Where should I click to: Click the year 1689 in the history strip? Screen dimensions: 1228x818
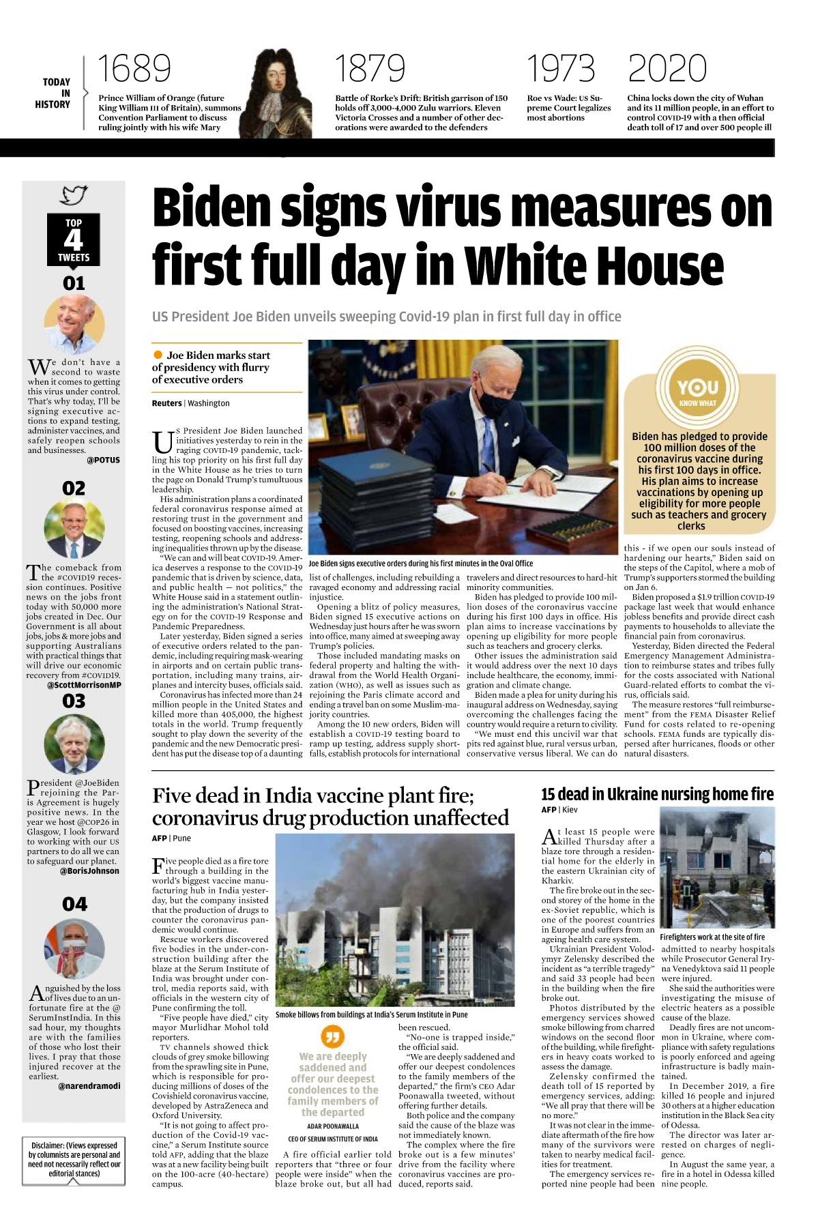(x=134, y=69)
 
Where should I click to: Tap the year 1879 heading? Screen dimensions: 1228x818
(x=370, y=69)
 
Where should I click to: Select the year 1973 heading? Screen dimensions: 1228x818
(x=560, y=69)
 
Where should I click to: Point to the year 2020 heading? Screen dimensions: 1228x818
(x=667, y=69)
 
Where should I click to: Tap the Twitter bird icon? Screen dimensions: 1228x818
(x=74, y=195)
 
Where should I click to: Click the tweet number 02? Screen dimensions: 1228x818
(x=74, y=488)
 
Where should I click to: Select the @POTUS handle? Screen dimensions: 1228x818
(x=103, y=460)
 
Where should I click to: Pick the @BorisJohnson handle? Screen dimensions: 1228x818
(x=89, y=871)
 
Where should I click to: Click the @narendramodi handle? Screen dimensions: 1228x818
(x=89, y=1086)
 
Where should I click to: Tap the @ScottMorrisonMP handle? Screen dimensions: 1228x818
(x=84, y=685)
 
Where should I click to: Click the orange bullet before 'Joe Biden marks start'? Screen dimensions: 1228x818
(x=158, y=355)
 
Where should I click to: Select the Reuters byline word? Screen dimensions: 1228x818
(x=166, y=403)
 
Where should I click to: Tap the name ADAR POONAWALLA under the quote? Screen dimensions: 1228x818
(x=332, y=1126)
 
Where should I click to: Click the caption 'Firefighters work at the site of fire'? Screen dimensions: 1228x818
(x=712, y=937)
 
